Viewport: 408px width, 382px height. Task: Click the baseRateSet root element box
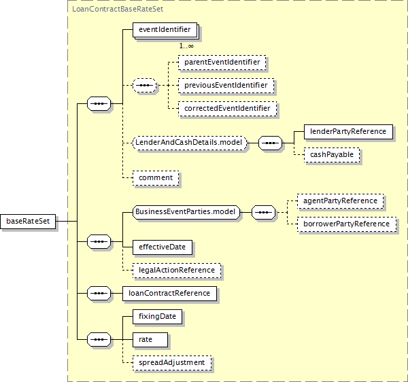point(28,222)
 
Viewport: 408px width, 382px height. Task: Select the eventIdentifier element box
point(165,30)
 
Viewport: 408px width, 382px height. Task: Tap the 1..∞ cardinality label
point(186,46)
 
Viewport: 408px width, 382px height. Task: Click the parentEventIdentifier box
point(222,63)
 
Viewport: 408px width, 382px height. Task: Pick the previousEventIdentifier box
point(226,86)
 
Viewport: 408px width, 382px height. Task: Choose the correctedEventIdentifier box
point(227,109)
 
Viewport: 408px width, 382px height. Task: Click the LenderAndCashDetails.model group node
point(190,143)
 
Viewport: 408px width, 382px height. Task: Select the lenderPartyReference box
point(348,132)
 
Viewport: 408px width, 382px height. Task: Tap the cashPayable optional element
point(332,155)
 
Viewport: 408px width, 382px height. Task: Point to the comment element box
point(156,178)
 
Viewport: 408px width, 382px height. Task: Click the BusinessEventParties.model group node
point(186,212)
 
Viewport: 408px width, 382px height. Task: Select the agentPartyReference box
point(340,201)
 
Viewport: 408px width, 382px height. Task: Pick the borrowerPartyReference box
point(347,224)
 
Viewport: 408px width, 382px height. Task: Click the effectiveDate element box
point(163,247)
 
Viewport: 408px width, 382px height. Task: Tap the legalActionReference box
point(177,270)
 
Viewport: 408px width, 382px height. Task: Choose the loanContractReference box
point(169,294)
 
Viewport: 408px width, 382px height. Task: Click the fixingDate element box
point(157,317)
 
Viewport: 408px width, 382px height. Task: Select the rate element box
point(150,340)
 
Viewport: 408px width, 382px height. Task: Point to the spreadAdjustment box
point(172,363)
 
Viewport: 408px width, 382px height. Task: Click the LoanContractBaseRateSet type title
point(118,9)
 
